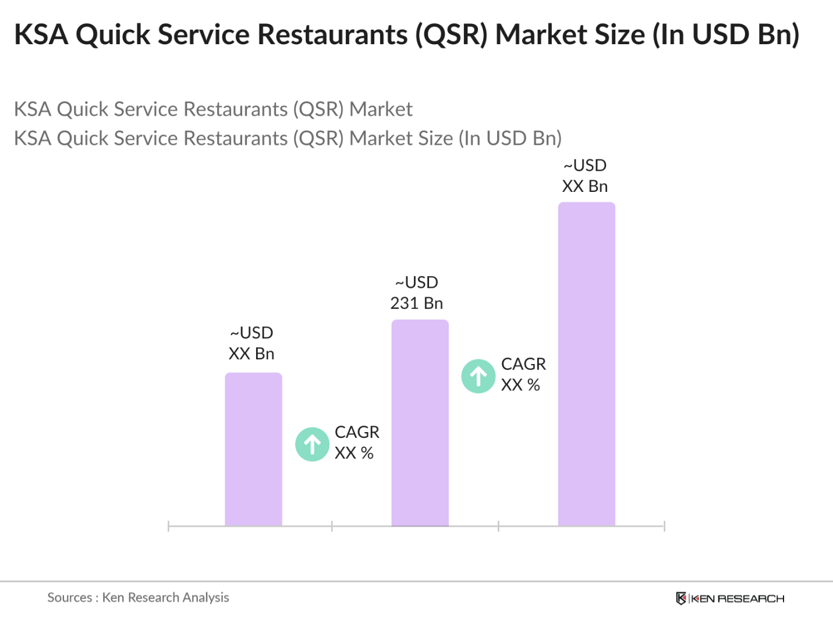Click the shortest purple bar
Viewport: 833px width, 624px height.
click(253, 449)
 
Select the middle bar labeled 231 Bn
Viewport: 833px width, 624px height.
click(420, 423)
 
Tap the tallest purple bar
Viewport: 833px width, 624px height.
click(586, 364)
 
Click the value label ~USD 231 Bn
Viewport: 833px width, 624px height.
click(417, 293)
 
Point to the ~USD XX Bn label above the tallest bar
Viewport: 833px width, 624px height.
click(585, 176)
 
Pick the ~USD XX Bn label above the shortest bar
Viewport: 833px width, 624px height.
click(251, 343)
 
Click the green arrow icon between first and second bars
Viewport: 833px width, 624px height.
click(313, 444)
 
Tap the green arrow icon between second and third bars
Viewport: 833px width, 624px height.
click(478, 376)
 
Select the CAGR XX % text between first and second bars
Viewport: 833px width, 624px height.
click(356, 443)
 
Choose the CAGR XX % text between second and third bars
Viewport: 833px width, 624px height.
click(523, 374)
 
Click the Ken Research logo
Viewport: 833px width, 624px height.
click(730, 598)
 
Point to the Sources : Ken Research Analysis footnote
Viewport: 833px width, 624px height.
click(138, 597)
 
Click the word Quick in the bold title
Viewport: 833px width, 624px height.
click(114, 34)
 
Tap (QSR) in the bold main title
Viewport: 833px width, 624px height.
click(451, 34)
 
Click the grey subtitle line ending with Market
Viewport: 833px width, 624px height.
click(213, 109)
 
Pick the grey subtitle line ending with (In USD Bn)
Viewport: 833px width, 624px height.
click(288, 138)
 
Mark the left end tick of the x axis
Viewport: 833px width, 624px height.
click(168, 526)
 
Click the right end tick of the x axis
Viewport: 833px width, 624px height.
click(664, 526)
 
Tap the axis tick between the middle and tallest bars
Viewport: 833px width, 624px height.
click(498, 526)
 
